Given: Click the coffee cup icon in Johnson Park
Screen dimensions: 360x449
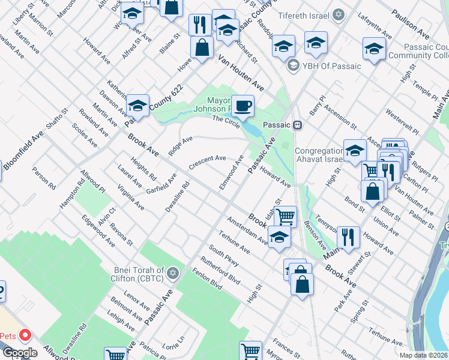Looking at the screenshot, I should [243, 106].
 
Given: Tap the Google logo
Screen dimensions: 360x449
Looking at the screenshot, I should [20, 353].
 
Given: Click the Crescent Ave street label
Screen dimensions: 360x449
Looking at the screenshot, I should [207, 162].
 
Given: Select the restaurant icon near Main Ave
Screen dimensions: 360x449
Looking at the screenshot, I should [348, 236].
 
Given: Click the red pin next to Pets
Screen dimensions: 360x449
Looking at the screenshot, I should [25, 335].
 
